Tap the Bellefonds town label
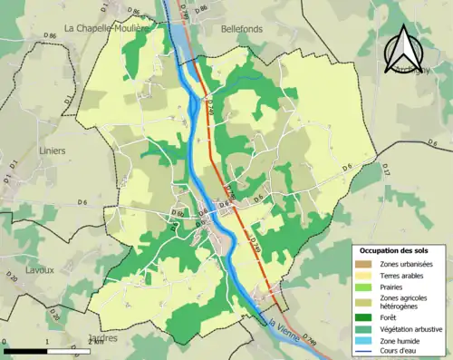[241, 28]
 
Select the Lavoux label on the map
[39, 269]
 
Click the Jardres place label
[103, 339]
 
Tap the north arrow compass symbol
[406, 50]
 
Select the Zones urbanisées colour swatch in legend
[364, 263]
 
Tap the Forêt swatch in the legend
[364, 316]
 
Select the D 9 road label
[348, 166]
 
